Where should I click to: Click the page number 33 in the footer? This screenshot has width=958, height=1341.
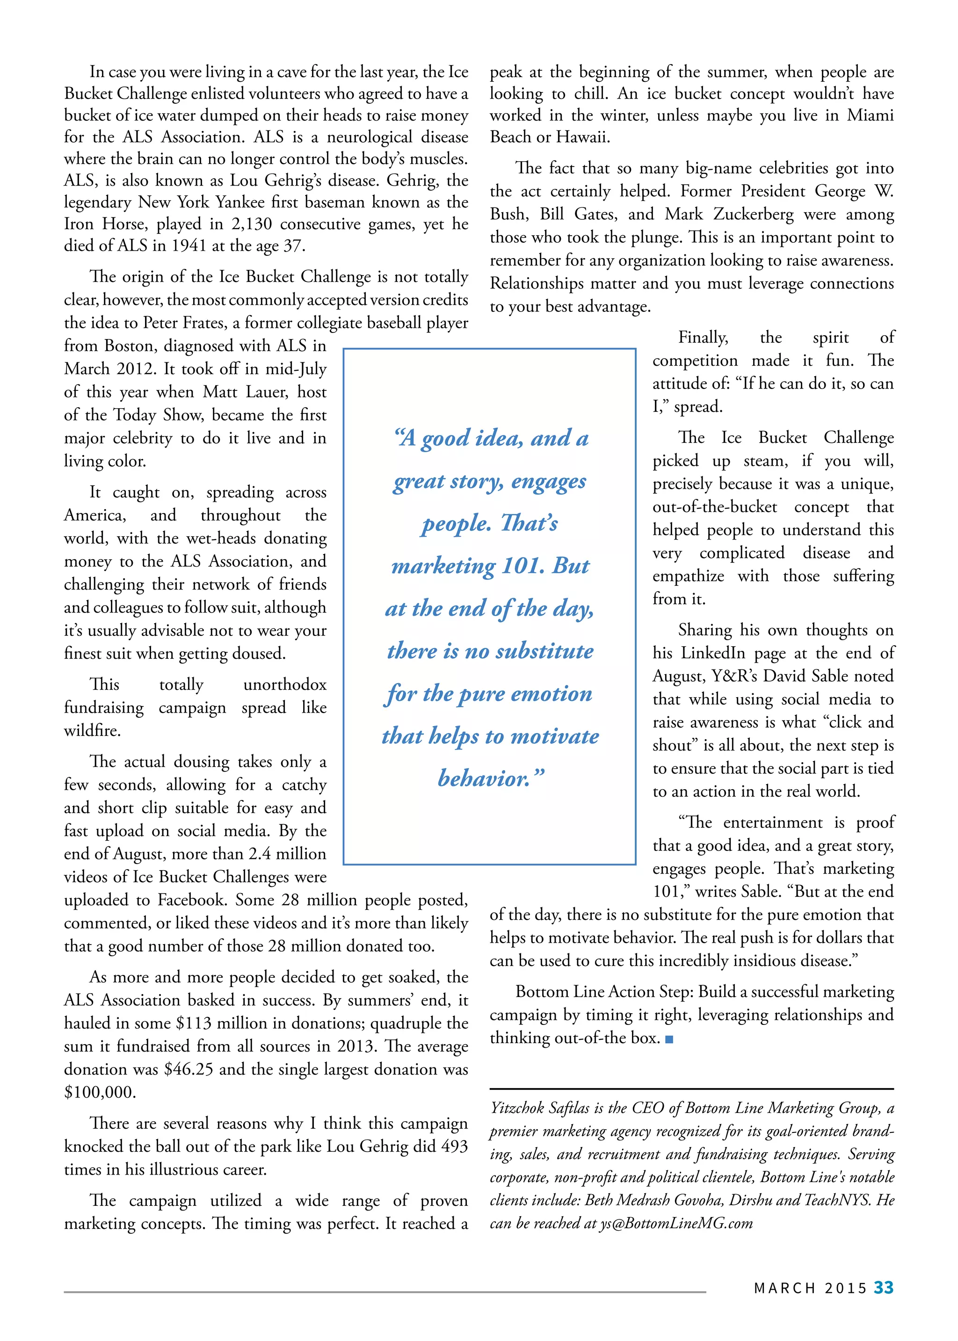point(883,1287)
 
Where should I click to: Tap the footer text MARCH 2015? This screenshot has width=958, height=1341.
point(811,1288)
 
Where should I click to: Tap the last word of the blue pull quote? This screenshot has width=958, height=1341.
point(490,779)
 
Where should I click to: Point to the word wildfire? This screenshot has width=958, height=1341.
point(92,731)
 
